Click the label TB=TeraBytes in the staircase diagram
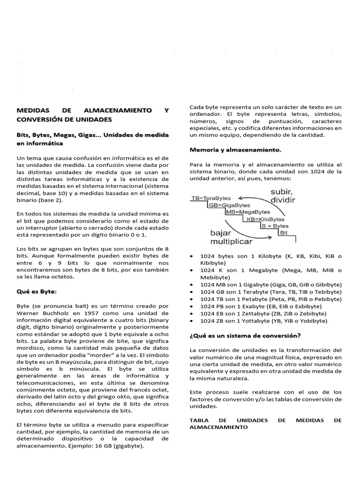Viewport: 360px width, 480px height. (211, 198)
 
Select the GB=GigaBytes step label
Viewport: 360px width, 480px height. (230, 205)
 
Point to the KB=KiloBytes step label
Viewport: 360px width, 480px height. (266, 219)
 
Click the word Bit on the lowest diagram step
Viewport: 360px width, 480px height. (284, 232)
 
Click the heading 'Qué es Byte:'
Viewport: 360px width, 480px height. (37, 291)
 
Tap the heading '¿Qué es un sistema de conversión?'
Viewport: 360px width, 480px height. (245, 336)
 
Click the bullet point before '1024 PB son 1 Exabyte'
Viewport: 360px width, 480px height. (193, 306)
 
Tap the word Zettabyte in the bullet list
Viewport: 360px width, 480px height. (250, 313)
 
